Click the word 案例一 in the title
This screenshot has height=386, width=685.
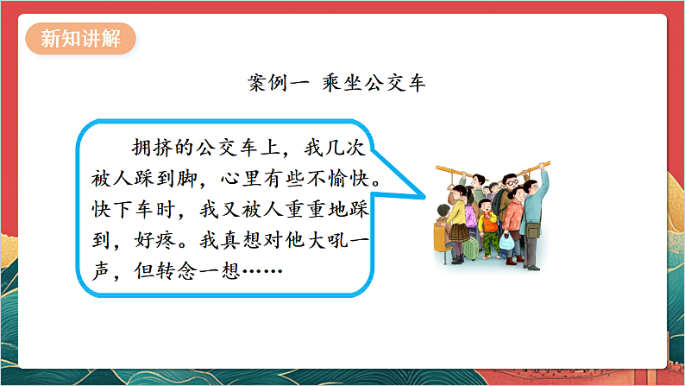(273, 84)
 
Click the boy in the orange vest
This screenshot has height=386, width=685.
(488, 220)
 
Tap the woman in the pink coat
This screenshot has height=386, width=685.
(515, 216)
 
